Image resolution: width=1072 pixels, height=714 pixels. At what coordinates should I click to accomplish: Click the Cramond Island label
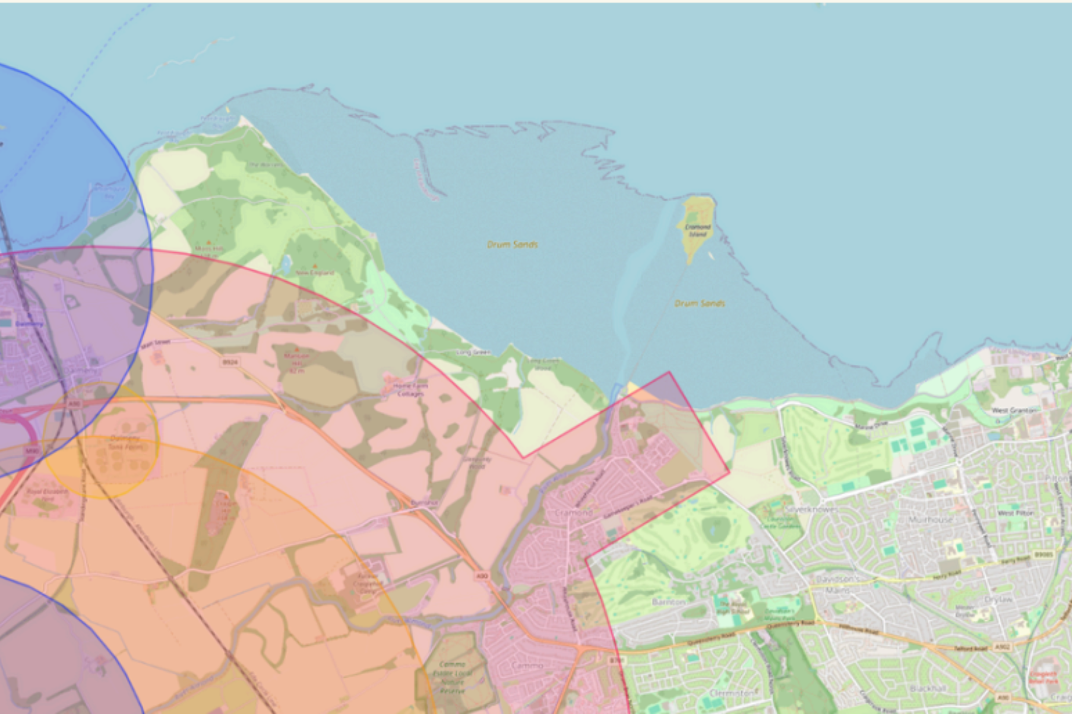[x=697, y=230]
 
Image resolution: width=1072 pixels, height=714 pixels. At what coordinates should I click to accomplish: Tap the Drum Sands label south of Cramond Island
[x=700, y=303]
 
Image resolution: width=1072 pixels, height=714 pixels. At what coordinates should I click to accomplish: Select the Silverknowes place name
[x=811, y=509]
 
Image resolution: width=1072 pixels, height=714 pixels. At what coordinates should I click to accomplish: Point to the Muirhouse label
[x=930, y=519]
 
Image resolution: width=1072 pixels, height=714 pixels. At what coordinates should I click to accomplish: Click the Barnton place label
[x=669, y=602]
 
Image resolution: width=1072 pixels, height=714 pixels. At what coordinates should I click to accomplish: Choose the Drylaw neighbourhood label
[x=998, y=599]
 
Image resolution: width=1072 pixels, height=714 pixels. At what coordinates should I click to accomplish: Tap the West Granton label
[x=1014, y=410]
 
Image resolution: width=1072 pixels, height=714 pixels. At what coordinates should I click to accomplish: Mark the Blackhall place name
[x=928, y=688]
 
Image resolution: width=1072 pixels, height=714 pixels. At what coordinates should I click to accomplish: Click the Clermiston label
[x=732, y=693]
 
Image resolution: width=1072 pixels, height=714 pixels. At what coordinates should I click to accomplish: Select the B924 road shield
[x=230, y=361]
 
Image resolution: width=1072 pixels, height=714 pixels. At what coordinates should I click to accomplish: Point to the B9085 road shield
[x=1043, y=555]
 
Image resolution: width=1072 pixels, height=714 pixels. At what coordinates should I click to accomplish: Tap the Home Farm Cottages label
[x=410, y=390]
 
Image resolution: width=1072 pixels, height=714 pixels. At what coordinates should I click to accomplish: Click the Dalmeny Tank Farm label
[x=125, y=443]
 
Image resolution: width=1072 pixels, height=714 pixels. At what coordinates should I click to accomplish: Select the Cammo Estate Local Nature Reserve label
[x=453, y=677]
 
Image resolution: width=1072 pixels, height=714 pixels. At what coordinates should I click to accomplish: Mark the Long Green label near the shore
[x=473, y=353]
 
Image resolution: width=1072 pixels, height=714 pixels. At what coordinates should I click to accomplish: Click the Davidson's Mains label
[x=837, y=584]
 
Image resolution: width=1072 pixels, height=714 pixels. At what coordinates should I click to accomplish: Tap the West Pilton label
[x=1016, y=513]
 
